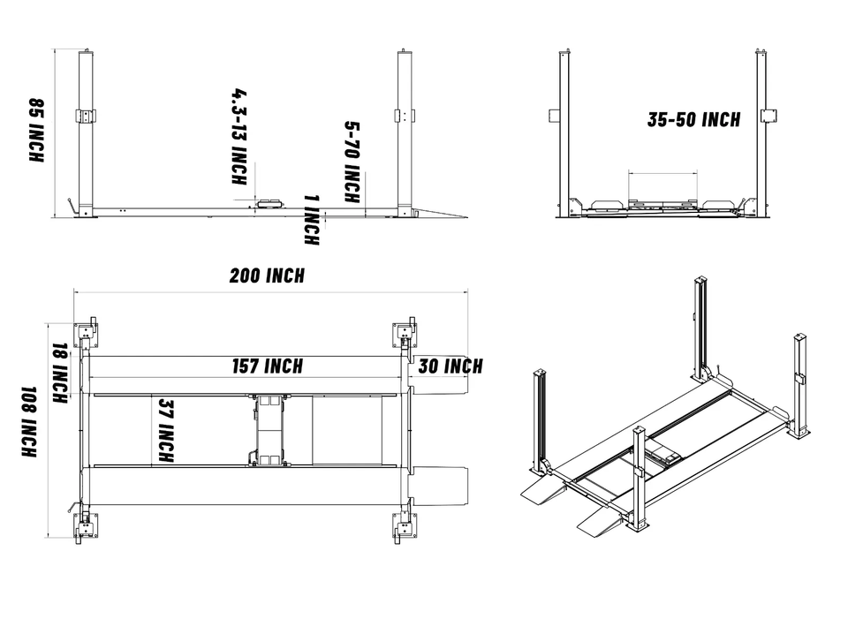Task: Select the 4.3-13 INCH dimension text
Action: click(x=238, y=136)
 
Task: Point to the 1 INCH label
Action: click(x=311, y=219)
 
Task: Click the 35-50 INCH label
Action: click(x=693, y=120)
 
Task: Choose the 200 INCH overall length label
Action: click(x=267, y=276)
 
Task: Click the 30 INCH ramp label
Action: click(x=450, y=366)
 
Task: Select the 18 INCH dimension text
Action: click(x=59, y=374)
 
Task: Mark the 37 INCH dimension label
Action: click(x=164, y=431)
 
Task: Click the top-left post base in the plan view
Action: click(x=87, y=333)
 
